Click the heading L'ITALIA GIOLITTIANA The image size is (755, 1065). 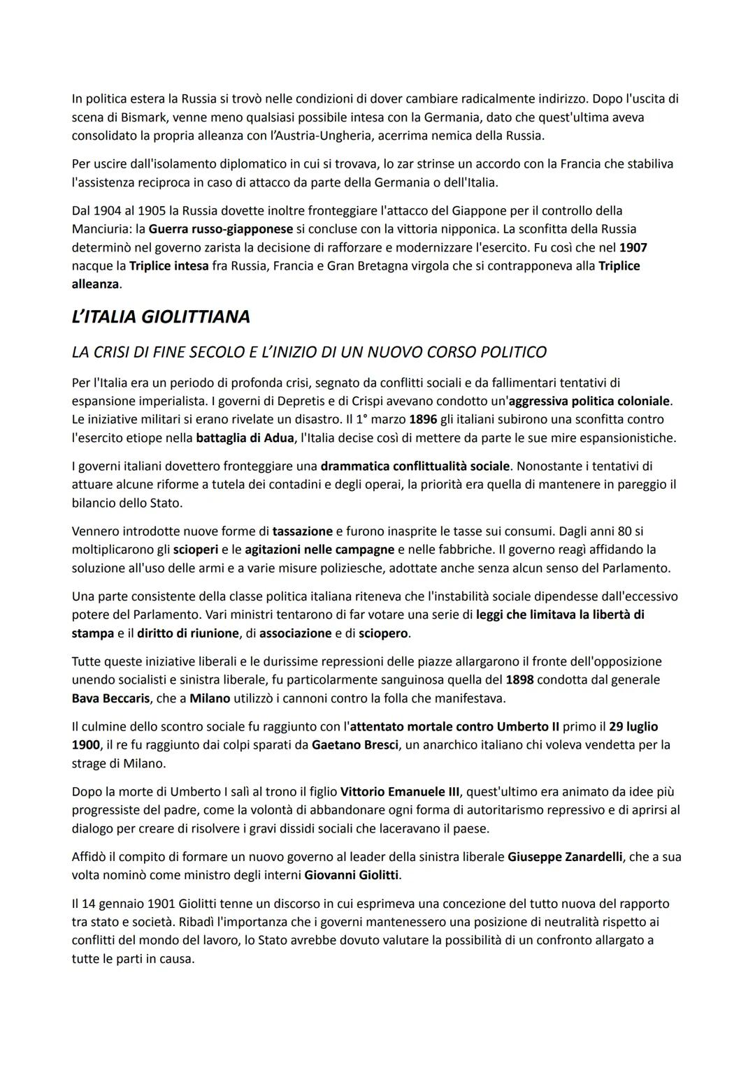tap(161, 317)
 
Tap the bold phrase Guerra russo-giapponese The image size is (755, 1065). tap(221, 229)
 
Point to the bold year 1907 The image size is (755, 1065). tap(633, 247)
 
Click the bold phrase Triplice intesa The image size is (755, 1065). tap(168, 266)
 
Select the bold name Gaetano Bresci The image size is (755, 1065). tap(355, 745)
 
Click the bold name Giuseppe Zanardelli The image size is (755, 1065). tap(565, 857)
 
